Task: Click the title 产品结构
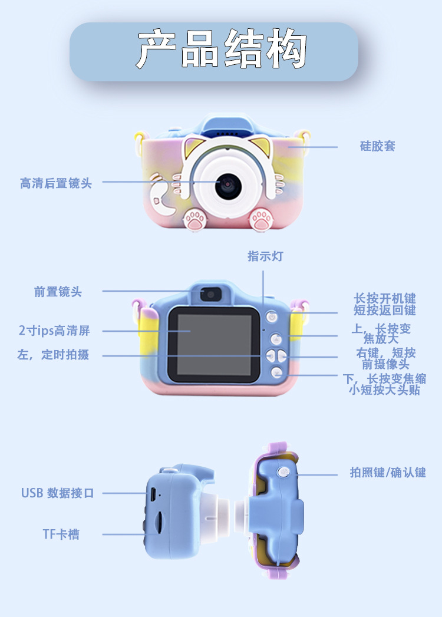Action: (222, 48)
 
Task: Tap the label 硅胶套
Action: (377, 146)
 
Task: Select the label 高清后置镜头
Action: (56, 183)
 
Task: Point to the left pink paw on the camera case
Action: (194, 219)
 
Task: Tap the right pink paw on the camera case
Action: (261, 219)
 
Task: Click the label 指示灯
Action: (265, 256)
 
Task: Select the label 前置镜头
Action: (58, 292)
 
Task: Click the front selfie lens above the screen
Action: (210, 294)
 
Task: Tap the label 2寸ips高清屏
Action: (54, 331)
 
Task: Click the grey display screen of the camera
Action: (214, 345)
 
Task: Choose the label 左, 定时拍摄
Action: (53, 355)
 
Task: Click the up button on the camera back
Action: (276, 338)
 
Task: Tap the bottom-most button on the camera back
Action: (276, 372)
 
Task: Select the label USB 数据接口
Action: (58, 493)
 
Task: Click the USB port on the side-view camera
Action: (153, 494)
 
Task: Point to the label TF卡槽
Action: (61, 534)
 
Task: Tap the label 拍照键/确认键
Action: (388, 472)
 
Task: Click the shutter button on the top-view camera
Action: (283, 472)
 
